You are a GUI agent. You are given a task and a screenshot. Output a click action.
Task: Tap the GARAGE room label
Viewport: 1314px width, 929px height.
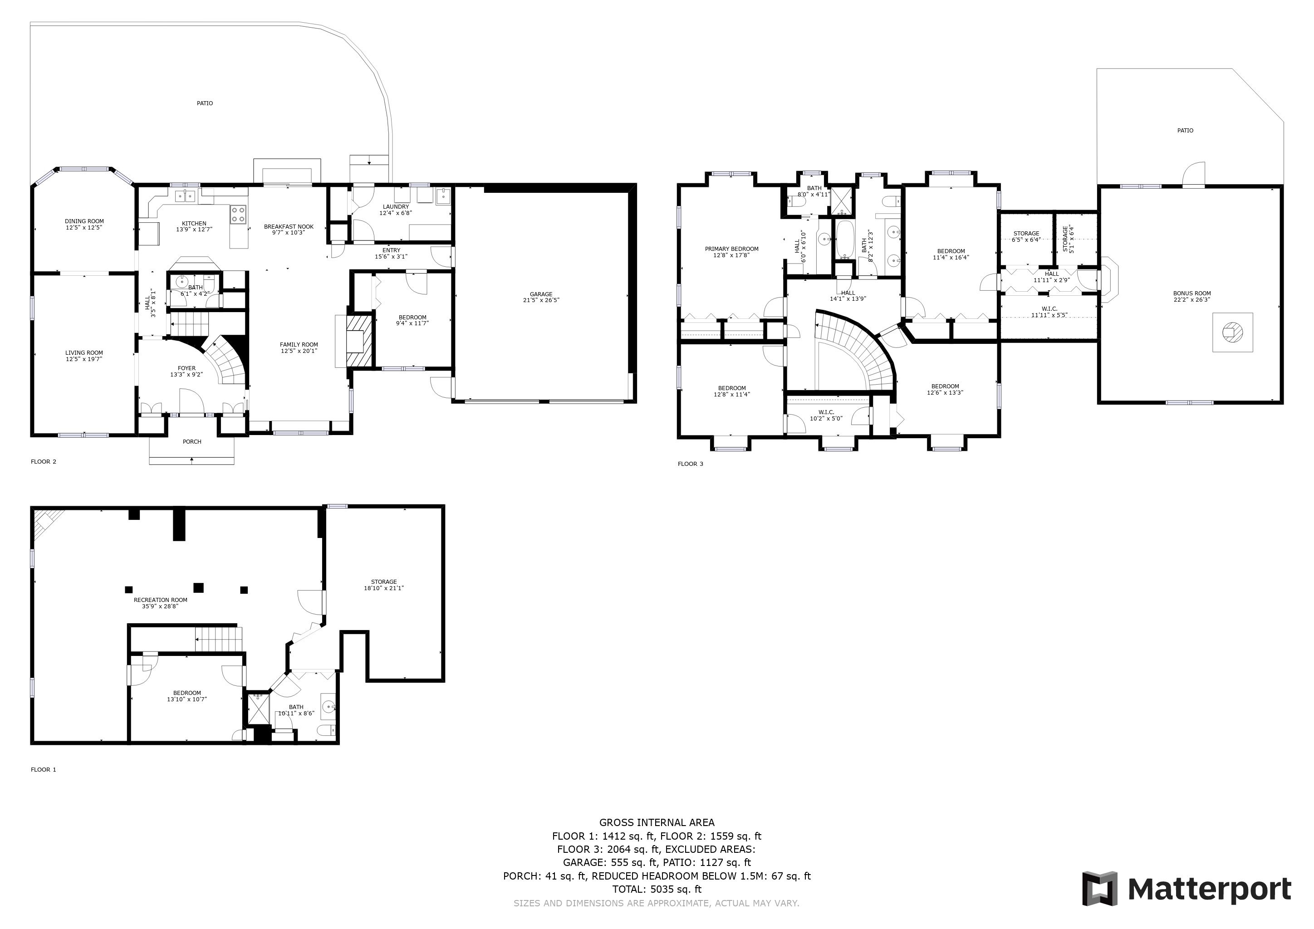coord(541,294)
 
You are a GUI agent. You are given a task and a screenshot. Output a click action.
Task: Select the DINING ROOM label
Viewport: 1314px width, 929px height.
coord(84,221)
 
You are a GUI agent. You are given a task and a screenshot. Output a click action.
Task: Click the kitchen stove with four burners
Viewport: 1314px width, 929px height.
coord(239,215)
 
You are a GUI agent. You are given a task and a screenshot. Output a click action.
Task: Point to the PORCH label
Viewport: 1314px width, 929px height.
coord(192,442)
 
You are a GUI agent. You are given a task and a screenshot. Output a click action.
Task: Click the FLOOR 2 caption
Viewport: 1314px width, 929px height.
coord(44,462)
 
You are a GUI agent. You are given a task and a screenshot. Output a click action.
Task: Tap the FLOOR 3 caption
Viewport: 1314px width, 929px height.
coord(691,464)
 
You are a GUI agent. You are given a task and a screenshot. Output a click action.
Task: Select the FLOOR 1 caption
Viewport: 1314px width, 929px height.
coord(44,769)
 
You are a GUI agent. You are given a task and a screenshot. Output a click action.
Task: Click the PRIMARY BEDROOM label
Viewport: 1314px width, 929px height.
coord(731,249)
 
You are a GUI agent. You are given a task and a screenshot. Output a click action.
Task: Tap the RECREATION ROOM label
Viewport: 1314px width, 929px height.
coord(160,600)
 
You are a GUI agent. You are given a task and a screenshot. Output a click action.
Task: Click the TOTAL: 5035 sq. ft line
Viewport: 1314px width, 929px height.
coord(657,890)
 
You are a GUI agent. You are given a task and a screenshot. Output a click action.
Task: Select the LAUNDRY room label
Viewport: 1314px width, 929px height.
coord(396,206)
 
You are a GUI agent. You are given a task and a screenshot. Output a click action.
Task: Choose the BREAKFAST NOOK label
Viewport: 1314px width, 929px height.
coord(289,226)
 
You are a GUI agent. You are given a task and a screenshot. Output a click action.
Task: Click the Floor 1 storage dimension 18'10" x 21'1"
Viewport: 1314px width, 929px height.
coord(383,588)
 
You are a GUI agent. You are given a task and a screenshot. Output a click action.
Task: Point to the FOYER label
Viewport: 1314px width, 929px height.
coord(186,368)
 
